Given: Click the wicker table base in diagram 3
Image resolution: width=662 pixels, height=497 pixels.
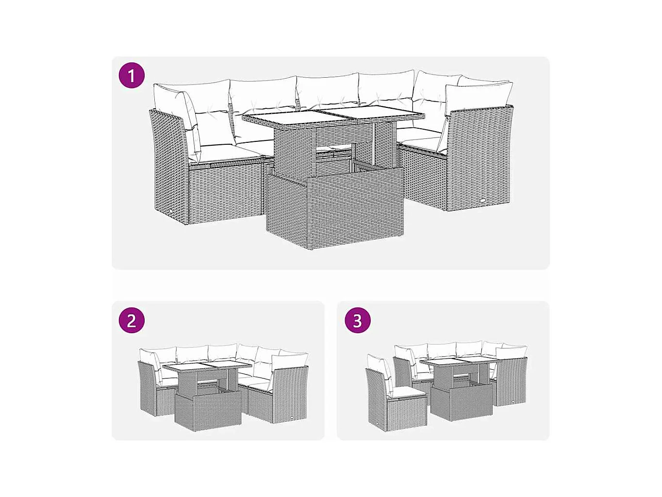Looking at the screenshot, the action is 461,403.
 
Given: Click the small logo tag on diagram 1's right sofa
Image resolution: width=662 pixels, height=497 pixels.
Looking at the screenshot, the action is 483,200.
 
